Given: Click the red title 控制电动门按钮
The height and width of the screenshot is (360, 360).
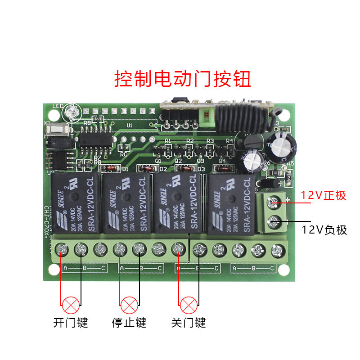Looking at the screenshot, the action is (x=183, y=79).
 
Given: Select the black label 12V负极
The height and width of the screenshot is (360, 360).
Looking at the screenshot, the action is (x=324, y=230).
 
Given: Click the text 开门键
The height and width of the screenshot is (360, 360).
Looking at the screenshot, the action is (x=70, y=323).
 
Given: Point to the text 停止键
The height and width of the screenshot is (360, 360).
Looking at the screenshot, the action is (x=129, y=323).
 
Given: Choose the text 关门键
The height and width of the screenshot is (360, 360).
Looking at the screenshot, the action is (x=189, y=323).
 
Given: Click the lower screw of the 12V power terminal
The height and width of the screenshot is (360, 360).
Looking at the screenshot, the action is (x=273, y=221).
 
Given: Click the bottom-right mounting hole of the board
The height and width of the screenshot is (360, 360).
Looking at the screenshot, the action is (x=283, y=269).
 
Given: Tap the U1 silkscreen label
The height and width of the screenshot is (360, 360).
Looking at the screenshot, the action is (x=130, y=126).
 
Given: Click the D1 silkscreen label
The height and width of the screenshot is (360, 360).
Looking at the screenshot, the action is (x=126, y=169).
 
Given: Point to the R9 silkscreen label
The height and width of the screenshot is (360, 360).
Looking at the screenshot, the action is (x=87, y=122).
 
